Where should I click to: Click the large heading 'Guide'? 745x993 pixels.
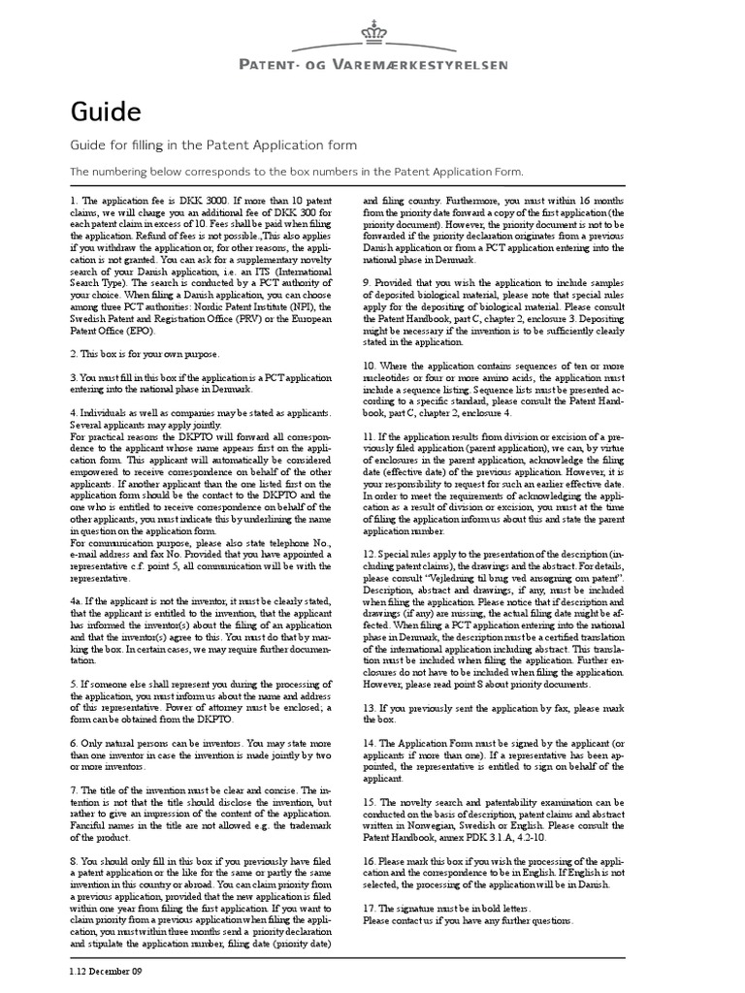[106, 112]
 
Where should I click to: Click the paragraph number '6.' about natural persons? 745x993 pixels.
[74, 740]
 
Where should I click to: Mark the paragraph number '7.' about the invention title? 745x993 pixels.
[74, 790]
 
